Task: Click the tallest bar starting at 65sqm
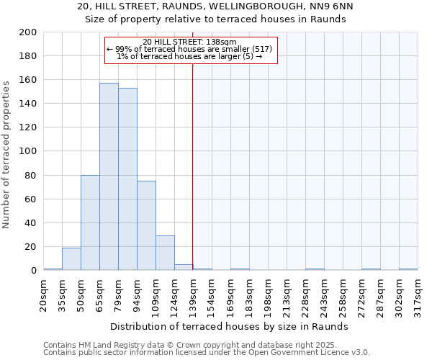[109, 176]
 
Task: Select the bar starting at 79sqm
[127, 179]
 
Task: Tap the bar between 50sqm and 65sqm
[90, 222]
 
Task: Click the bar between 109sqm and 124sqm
[165, 253]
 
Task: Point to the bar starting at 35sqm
[71, 258]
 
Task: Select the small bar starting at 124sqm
[184, 267]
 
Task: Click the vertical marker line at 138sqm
[193, 166]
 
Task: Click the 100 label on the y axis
[29, 151]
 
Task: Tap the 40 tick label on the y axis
[32, 222]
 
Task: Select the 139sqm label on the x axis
[194, 294]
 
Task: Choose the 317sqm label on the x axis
[418, 294]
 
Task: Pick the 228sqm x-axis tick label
[306, 294]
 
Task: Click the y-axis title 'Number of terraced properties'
[6, 155]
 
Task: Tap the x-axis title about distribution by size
[230, 326]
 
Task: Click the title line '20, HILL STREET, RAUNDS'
[216, 6]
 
